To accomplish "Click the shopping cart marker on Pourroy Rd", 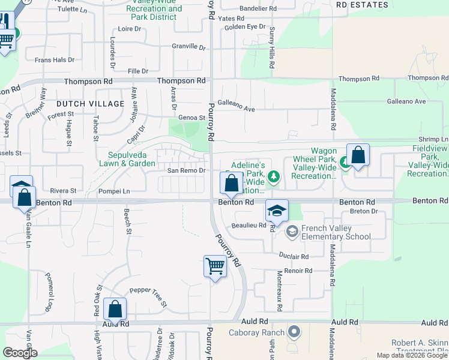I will click(x=215, y=266).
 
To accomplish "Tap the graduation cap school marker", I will click(x=277, y=211).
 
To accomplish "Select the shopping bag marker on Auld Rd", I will click(x=115, y=310).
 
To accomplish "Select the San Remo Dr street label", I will click(x=186, y=170).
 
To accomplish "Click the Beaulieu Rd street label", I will click(x=249, y=225).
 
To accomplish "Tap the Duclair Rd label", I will click(x=294, y=256).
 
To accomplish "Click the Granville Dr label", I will click(x=189, y=46).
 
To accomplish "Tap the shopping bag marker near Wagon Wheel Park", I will click(x=358, y=155).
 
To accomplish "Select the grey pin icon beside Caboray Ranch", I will click(x=294, y=331).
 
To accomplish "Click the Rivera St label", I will click(x=63, y=191).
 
